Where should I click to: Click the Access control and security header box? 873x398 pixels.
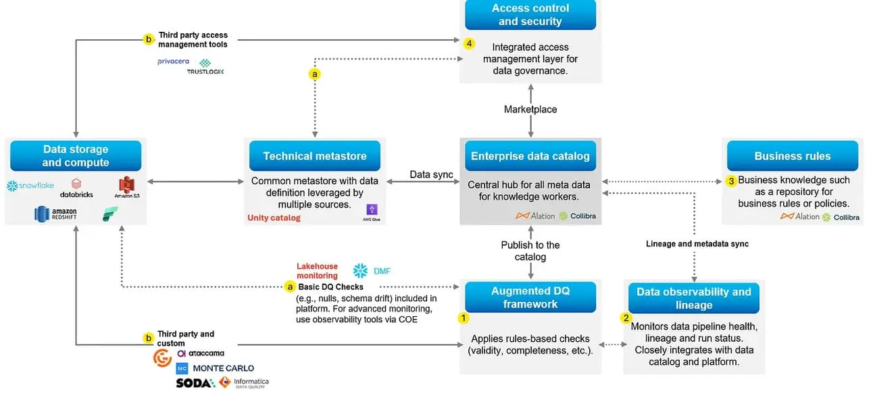[x=530, y=15]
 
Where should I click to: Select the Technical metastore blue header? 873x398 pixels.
[x=314, y=156]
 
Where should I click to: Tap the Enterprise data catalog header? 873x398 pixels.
[x=530, y=156]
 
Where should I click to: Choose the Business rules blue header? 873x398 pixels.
[x=792, y=156]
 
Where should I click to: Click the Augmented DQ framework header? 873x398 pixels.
[x=530, y=297]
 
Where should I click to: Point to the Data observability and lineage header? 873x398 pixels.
[x=693, y=298]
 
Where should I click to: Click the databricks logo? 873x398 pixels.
[x=76, y=189]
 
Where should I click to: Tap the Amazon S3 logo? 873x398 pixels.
[x=126, y=187]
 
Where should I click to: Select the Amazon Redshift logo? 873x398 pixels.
[x=56, y=215]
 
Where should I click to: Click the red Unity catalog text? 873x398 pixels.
[x=274, y=218]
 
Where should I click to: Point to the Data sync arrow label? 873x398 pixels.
[x=431, y=175]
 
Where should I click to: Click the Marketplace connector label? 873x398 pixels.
[x=530, y=110]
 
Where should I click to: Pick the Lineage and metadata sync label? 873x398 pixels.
[x=697, y=244]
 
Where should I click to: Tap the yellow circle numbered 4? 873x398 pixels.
[x=470, y=43]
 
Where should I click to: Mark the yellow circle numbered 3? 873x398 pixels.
[x=730, y=181]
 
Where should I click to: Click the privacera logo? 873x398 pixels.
[x=173, y=62]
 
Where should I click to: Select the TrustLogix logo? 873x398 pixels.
[x=205, y=67]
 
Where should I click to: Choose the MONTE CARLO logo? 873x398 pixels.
[x=215, y=368]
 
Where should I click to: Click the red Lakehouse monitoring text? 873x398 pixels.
[x=317, y=271]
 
